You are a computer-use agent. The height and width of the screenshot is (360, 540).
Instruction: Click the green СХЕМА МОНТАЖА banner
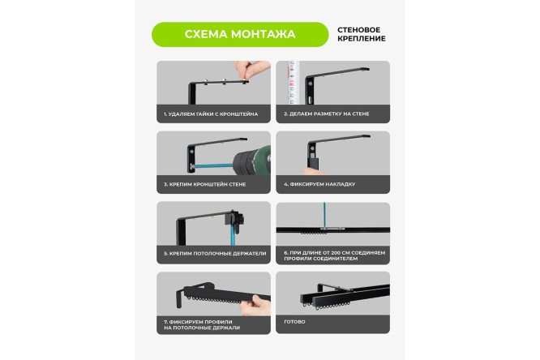(240, 34)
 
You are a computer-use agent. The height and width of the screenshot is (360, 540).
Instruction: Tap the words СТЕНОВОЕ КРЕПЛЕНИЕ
(362, 34)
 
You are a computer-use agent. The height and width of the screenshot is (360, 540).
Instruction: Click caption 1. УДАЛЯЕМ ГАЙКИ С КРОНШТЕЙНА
(211, 114)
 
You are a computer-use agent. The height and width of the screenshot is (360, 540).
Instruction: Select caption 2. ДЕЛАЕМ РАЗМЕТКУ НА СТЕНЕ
(327, 114)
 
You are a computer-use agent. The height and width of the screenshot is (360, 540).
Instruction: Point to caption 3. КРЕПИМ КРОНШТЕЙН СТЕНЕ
(205, 184)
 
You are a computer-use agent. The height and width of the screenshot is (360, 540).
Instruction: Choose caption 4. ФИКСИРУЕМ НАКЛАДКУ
(319, 184)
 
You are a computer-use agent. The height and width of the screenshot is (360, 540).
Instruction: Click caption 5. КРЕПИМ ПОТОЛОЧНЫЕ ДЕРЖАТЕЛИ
(215, 254)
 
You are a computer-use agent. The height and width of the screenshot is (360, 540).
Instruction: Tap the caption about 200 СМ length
(334, 255)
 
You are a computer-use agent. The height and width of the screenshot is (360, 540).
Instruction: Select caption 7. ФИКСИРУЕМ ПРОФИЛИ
(202, 325)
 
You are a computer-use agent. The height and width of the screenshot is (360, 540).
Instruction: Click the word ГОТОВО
(295, 322)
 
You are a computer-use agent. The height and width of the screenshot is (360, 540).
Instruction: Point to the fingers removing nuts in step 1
(251, 69)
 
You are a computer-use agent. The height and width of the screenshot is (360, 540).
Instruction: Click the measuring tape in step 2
(292, 83)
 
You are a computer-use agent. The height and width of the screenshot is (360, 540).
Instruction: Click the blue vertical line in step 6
(324, 215)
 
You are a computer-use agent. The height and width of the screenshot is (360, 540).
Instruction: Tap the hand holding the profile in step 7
(255, 305)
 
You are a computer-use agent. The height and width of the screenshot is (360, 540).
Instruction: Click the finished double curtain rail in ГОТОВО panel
(345, 296)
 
